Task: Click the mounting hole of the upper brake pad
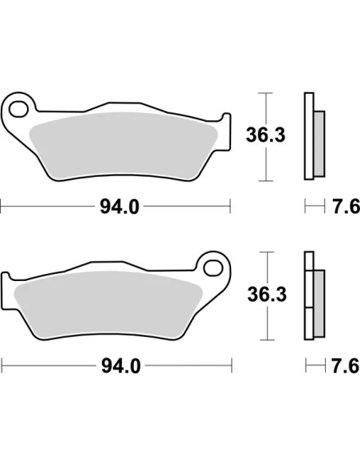coord(18,109)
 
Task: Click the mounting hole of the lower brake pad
coord(213,268)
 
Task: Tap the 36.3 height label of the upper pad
coord(266,135)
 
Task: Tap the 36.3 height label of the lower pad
coord(267,294)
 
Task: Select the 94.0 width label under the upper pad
coord(119,206)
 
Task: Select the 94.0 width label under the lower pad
coord(121,366)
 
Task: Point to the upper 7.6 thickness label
coord(346,206)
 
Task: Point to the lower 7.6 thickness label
coord(346,365)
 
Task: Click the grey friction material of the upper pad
coord(123,146)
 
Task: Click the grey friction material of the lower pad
coord(108,305)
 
